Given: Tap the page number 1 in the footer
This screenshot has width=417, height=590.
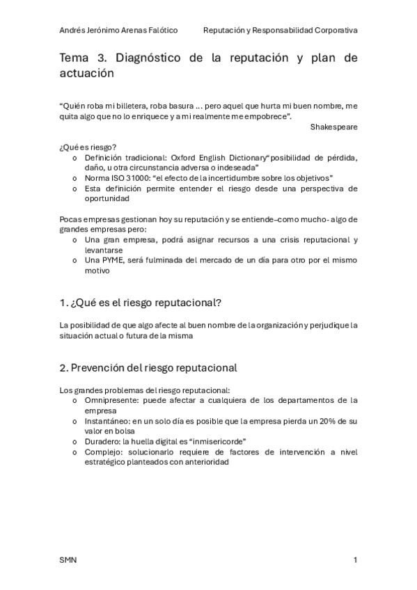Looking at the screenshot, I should (x=355, y=560).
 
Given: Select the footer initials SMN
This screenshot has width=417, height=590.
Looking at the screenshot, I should (x=68, y=560).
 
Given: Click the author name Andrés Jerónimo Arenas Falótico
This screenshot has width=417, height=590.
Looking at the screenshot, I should (x=118, y=31).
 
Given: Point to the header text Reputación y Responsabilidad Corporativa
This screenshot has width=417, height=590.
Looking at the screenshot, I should (x=280, y=31).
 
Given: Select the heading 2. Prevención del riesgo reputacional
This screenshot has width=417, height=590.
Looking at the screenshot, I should (x=148, y=367).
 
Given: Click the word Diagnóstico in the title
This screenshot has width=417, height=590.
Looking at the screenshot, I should (x=148, y=58).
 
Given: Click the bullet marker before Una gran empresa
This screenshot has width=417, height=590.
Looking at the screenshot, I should (x=75, y=240).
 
